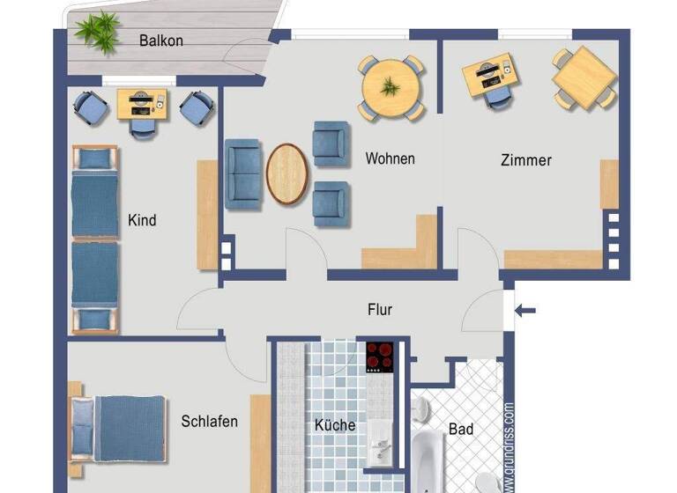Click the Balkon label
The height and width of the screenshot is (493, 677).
point(161,40)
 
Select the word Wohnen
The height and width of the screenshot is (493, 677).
point(390,159)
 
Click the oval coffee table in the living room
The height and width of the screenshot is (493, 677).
point(287,174)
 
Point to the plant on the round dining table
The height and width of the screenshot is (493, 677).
point(390,86)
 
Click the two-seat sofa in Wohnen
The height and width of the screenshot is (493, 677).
point(242,173)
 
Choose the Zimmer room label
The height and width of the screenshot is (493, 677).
point(525,160)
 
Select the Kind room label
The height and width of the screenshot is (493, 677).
point(142,220)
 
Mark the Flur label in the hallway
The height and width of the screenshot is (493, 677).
point(380,310)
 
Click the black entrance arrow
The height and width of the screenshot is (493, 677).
point(525,310)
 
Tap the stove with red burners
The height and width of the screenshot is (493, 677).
point(382,357)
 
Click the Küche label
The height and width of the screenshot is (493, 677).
point(335,425)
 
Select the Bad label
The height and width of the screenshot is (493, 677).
point(460,430)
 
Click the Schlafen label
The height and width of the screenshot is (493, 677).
point(209,422)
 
